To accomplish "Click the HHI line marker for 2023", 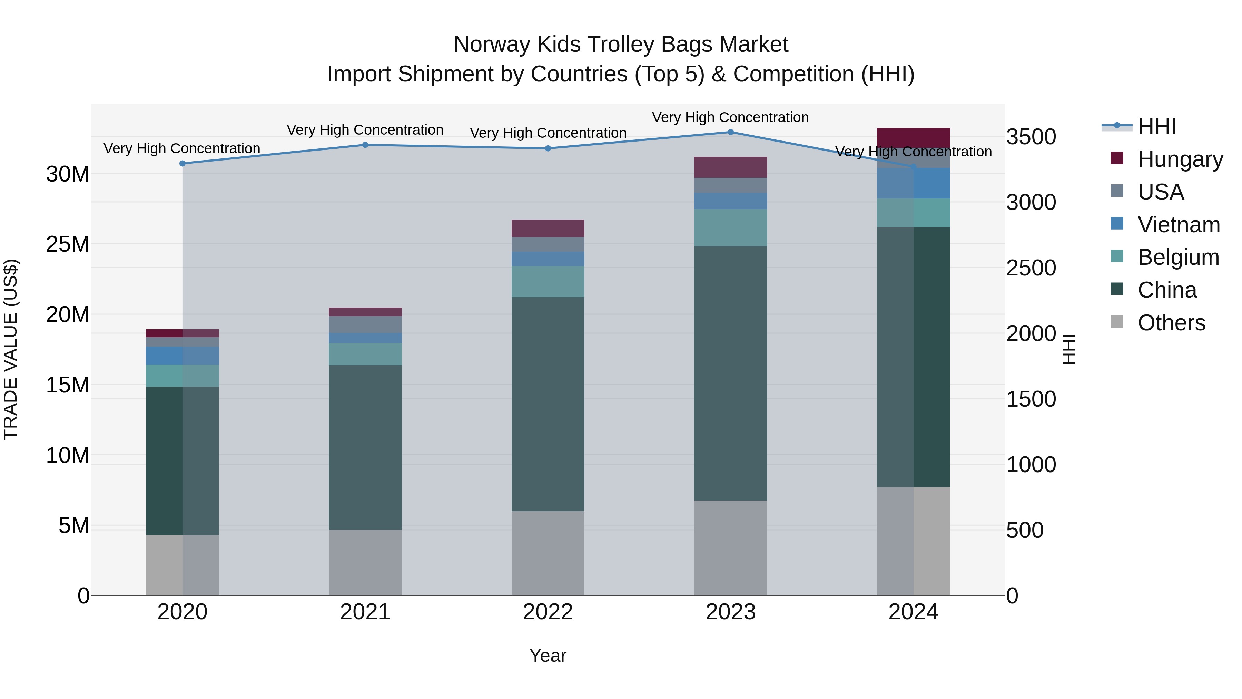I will tap(730, 132).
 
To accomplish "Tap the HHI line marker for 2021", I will tap(365, 145).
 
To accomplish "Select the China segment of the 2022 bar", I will tap(548, 404).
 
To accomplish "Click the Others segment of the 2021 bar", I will tap(365, 563).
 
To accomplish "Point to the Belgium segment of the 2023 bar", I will tap(730, 228).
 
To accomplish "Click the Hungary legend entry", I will tap(1180, 159).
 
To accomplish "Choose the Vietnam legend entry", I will tap(1179, 225).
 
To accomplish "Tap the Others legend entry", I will tap(1171, 323).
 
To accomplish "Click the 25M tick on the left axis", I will tap(68, 244).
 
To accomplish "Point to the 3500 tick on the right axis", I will tap(1031, 137).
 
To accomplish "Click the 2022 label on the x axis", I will tap(548, 612).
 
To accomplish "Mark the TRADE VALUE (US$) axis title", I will tap(11, 350).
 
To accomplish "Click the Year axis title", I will tap(548, 656).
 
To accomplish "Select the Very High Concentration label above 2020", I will tap(182, 148).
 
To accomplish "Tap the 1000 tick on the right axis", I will tap(1031, 465).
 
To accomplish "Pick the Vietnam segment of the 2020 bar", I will tap(182, 356).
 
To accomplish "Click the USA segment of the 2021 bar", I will tap(365, 325).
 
